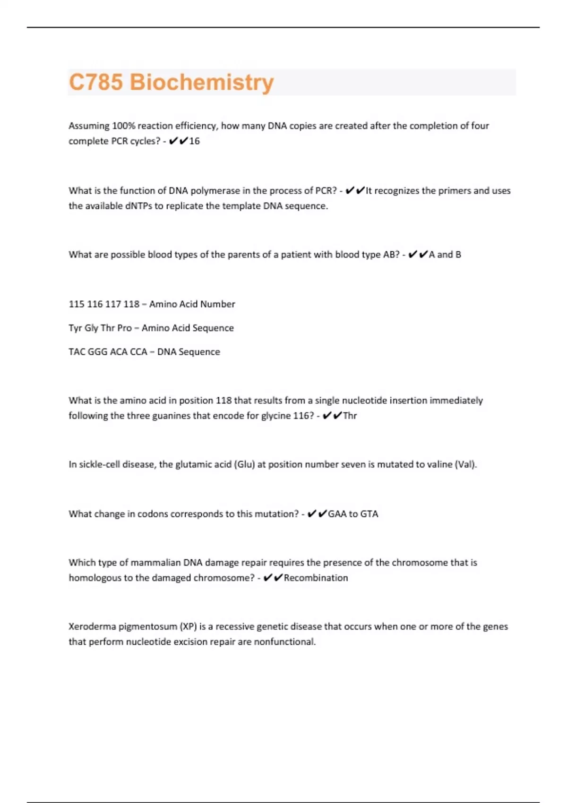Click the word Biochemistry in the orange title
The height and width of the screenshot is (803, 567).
pyautogui.click(x=202, y=82)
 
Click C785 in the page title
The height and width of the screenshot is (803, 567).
pyautogui.click(x=96, y=82)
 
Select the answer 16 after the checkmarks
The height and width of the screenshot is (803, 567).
pyautogui.click(x=194, y=141)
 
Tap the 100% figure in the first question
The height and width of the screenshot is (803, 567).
pyautogui.click(x=123, y=126)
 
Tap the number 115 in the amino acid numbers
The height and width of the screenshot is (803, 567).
pyautogui.click(x=77, y=304)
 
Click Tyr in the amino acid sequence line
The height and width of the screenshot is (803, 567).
pyautogui.click(x=75, y=328)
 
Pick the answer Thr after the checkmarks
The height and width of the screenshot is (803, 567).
pyautogui.click(x=350, y=416)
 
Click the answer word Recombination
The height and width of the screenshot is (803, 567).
pyautogui.click(x=316, y=578)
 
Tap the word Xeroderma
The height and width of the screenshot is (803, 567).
pyautogui.click(x=92, y=627)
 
